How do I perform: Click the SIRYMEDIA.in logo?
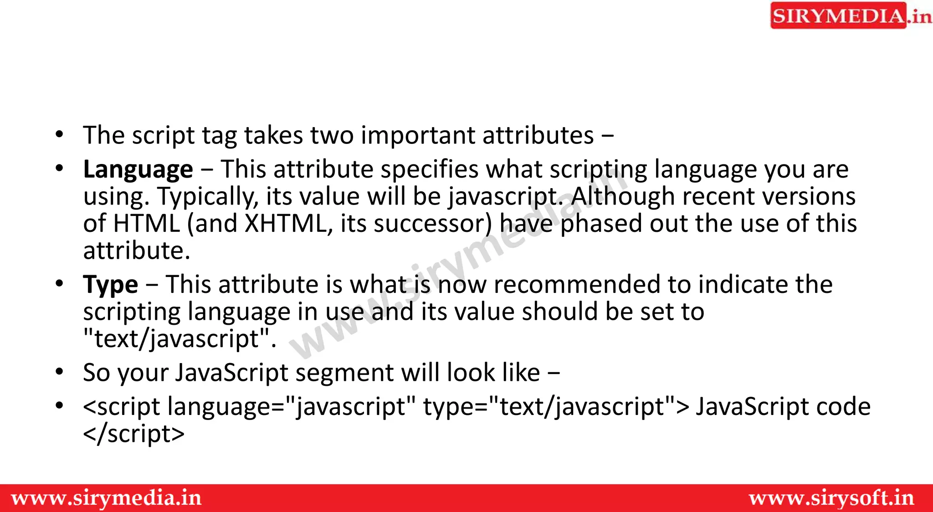(850, 16)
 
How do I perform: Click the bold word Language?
(138, 169)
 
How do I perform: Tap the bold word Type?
(110, 285)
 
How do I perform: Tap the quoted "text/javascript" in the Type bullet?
(179, 339)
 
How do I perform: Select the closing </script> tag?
(133, 434)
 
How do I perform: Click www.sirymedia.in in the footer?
(107, 498)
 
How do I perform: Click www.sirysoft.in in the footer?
(831, 498)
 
